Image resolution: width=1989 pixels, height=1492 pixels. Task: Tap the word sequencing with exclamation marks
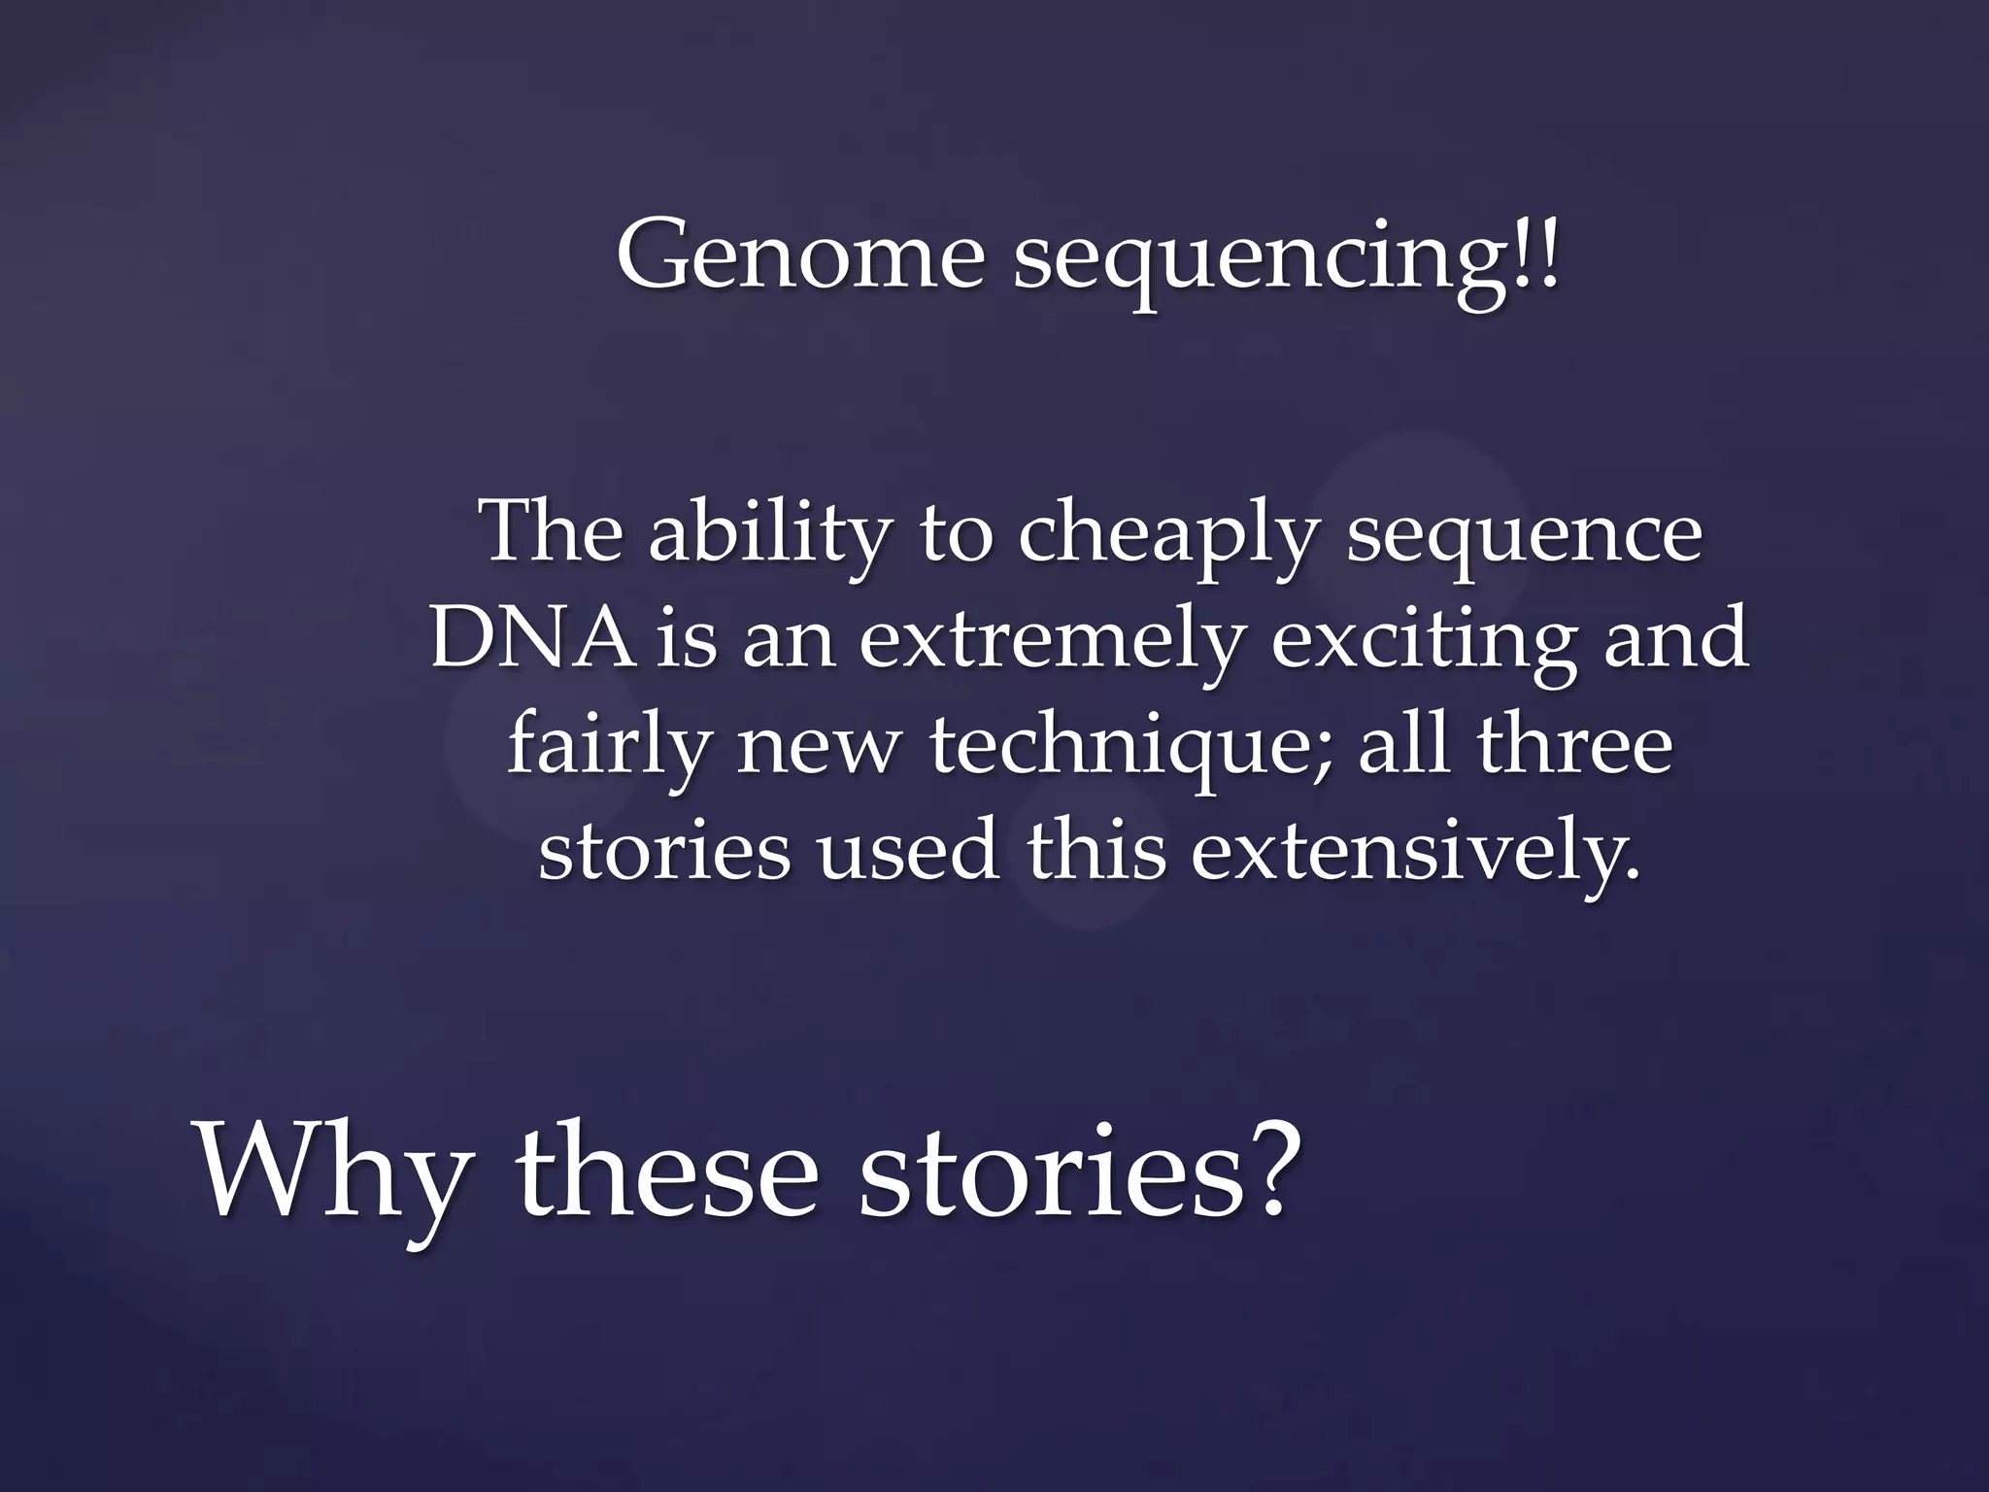(x=1287, y=260)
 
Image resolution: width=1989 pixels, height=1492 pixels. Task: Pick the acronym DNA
(x=532, y=639)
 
